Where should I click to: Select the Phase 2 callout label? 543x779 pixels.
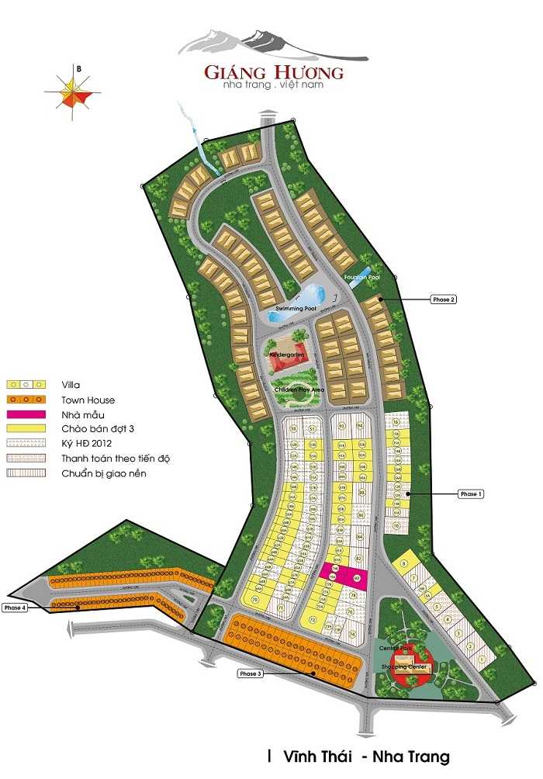click(x=443, y=299)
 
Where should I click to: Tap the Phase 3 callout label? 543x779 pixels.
click(x=251, y=673)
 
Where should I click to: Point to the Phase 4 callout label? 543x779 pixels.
click(x=16, y=608)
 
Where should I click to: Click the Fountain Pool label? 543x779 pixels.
click(x=361, y=276)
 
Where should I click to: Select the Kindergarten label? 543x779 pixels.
click(x=286, y=355)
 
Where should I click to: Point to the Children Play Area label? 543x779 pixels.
click(x=292, y=389)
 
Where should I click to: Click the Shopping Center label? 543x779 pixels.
click(x=400, y=667)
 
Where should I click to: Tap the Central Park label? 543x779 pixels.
click(x=394, y=647)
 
